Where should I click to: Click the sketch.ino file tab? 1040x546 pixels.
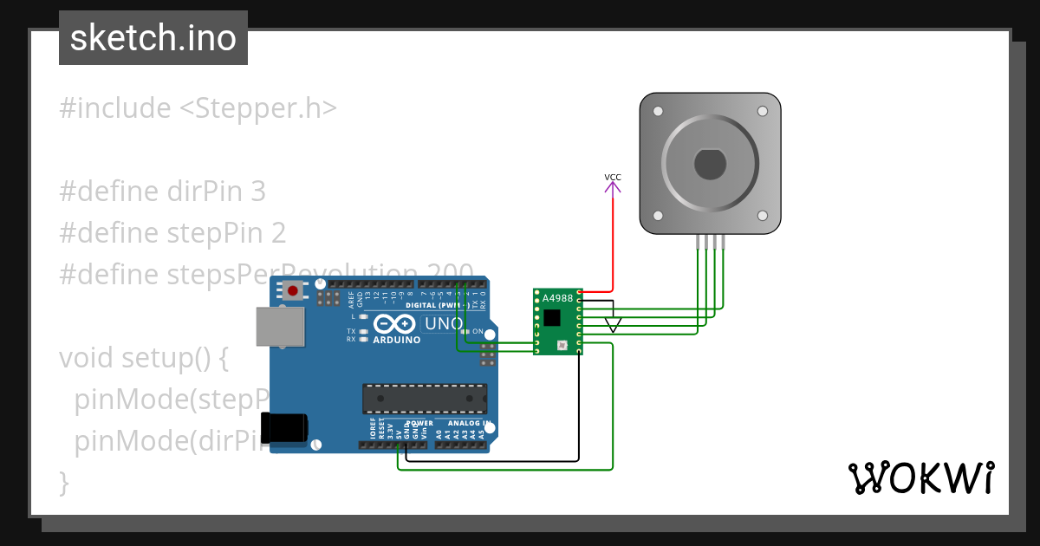(153, 38)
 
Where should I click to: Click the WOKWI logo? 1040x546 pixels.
(920, 478)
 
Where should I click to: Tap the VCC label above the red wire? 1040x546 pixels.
(613, 178)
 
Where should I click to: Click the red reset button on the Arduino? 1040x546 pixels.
(294, 291)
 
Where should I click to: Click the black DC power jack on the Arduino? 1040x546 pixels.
(287, 428)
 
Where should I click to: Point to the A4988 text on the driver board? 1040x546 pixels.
(557, 298)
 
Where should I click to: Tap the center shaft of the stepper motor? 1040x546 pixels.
(711, 163)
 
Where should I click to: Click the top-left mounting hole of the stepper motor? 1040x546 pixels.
(658, 111)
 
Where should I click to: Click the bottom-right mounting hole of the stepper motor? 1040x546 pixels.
(763, 215)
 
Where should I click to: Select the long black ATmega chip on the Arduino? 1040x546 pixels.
(425, 398)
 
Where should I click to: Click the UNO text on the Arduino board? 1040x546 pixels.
(442, 324)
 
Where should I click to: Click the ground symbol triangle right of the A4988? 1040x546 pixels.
(614, 326)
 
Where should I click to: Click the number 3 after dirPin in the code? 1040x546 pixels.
(257, 192)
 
